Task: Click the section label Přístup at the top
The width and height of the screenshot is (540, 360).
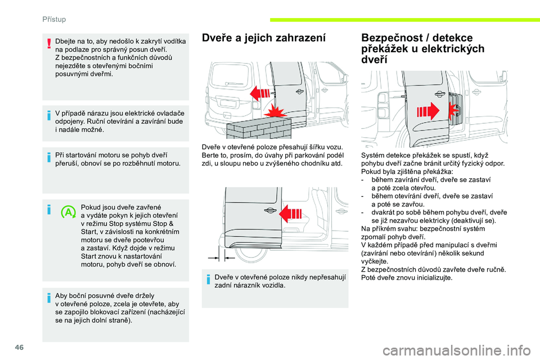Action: (55, 19)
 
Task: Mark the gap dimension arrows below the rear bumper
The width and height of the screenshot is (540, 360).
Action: (221, 256)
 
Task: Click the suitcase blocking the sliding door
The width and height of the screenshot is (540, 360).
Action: (457, 107)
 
